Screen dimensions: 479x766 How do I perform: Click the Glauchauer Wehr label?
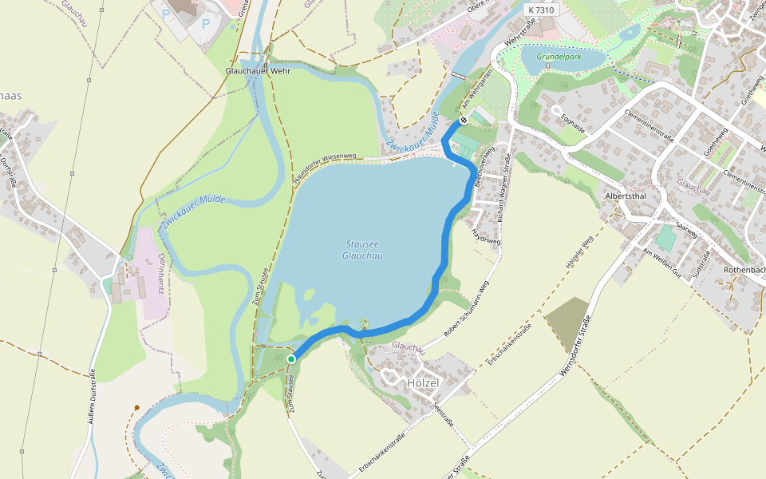tap(258, 71)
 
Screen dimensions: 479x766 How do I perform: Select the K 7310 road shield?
tap(541, 10)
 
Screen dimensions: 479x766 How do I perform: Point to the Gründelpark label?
tap(558, 57)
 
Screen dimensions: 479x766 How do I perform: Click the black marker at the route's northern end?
tap(464, 120)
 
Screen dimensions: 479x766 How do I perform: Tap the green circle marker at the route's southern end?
tap(291, 359)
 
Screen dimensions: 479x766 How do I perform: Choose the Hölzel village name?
tap(423, 383)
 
